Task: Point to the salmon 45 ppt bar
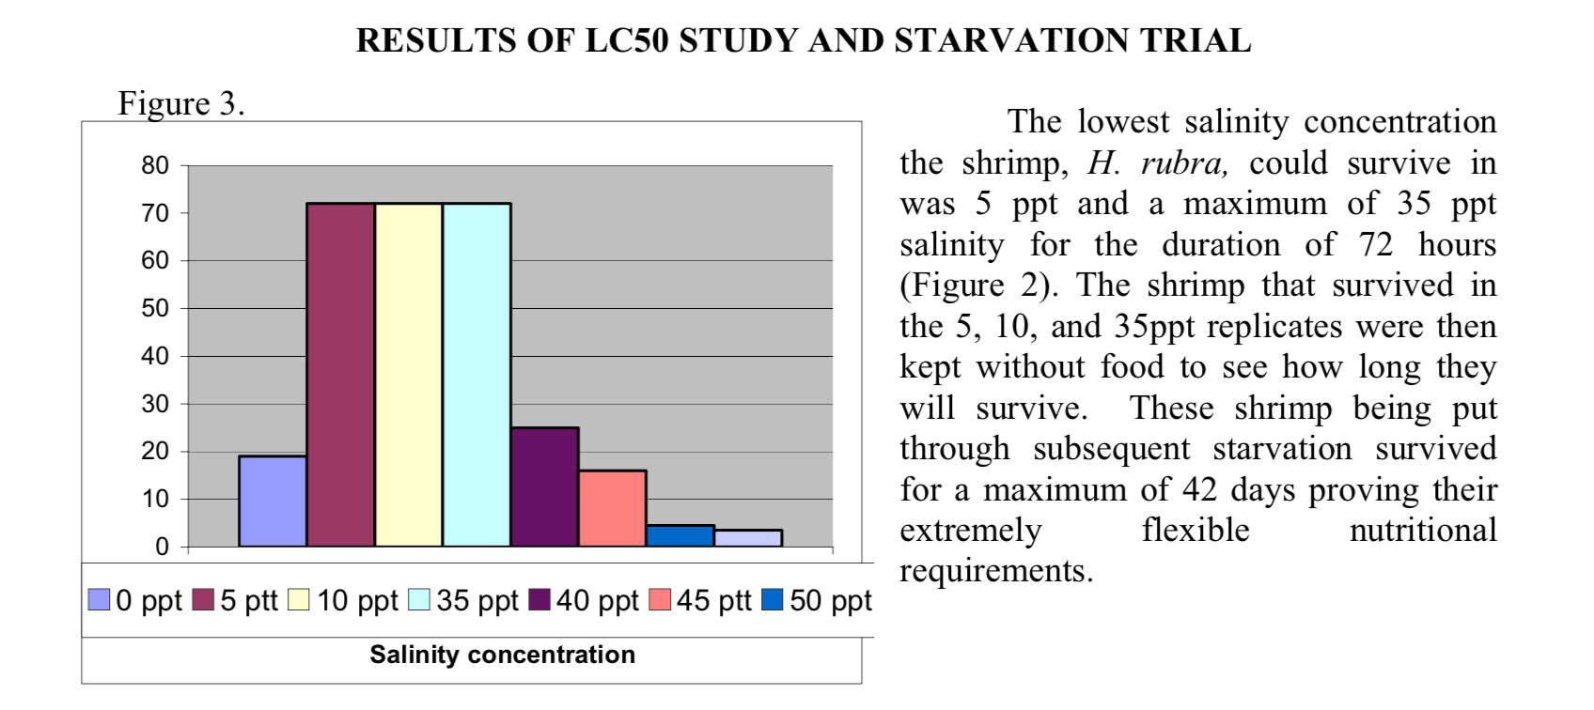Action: pyautogui.click(x=612, y=508)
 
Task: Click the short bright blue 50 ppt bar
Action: pyautogui.click(x=680, y=535)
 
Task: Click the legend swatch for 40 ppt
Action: pyautogui.click(x=539, y=600)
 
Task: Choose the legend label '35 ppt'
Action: pyautogui.click(x=477, y=600)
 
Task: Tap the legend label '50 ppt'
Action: pyautogui.click(x=830, y=600)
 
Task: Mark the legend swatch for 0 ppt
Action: pyautogui.click(x=99, y=600)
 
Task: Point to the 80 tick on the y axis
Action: pyautogui.click(x=155, y=166)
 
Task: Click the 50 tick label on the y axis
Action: pyautogui.click(x=155, y=309)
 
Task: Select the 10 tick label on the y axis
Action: pyautogui.click(x=155, y=499)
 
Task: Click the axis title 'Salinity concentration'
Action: pyautogui.click(x=502, y=655)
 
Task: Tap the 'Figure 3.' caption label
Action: pyautogui.click(x=181, y=103)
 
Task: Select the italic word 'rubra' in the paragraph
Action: pyautogui.click(x=1183, y=163)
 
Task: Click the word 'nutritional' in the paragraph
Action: pyautogui.click(x=1422, y=531)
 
